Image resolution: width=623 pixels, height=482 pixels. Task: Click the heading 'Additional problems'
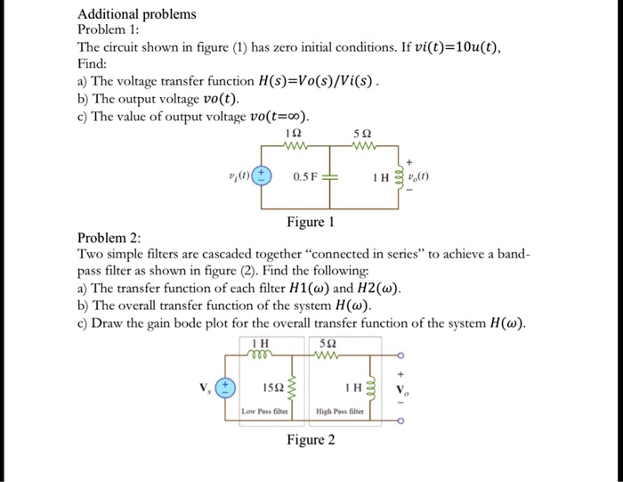point(137,14)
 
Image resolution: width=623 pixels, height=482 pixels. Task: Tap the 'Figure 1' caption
point(311,221)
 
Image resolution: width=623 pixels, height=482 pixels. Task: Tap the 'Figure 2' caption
point(311,440)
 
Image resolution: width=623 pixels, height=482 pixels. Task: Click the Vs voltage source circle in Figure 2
point(228,388)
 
